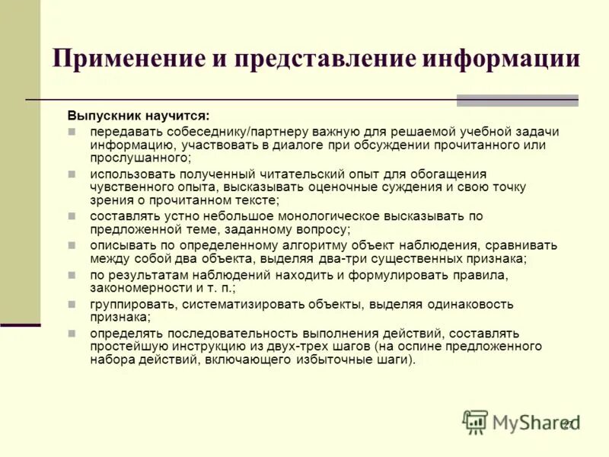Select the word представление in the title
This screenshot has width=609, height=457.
316,59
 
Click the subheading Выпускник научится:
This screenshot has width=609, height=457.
137,116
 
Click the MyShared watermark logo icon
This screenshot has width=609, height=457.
475,421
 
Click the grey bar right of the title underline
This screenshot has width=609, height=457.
518,100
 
